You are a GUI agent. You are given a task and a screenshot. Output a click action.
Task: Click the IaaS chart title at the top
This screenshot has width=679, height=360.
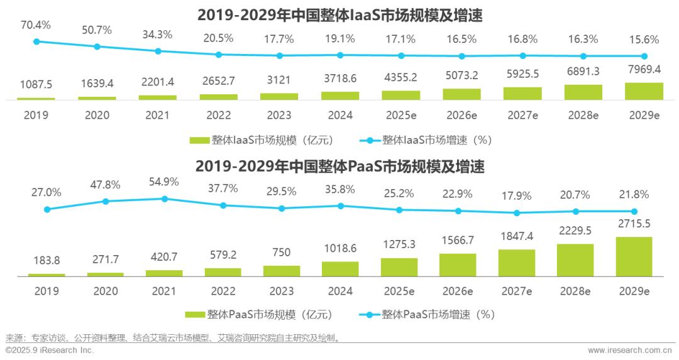tap(339, 14)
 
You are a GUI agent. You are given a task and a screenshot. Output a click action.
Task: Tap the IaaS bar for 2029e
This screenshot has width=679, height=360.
tap(644, 91)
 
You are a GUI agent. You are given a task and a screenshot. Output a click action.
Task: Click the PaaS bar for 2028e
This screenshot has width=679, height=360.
tap(575, 260)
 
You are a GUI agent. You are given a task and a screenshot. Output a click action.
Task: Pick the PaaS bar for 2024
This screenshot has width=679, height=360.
tap(340, 269)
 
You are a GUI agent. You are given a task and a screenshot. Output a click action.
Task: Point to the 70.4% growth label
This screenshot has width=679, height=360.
tap(36, 25)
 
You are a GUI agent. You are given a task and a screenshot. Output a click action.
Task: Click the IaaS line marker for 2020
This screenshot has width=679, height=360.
tap(97, 46)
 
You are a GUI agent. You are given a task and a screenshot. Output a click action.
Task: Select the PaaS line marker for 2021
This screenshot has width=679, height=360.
tap(165, 199)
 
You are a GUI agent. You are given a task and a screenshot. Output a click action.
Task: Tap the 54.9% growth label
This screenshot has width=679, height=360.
tap(163, 182)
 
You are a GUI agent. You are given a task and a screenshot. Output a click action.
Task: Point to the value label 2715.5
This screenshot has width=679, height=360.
tap(634, 224)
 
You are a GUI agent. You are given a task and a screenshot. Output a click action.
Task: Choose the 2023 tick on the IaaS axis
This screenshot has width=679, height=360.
tap(279, 115)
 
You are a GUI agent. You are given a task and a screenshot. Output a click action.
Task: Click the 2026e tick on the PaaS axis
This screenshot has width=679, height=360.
tap(458, 291)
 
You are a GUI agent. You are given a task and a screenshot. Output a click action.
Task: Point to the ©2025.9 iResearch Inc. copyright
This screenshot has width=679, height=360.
tap(50, 350)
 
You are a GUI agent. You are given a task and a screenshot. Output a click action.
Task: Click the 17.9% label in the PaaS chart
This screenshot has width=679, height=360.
tap(517, 195)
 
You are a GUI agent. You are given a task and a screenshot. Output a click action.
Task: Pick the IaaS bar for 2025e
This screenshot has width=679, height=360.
tap(401, 95)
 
